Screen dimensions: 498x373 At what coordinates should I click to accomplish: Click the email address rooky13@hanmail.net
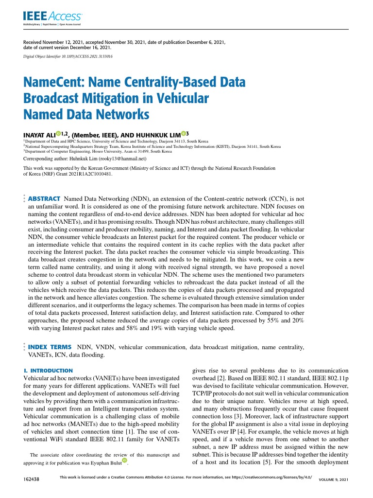click(x=125, y=159)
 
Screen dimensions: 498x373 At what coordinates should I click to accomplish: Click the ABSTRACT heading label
click(x=44, y=199)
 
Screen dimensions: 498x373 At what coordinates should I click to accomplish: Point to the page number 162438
click(x=32, y=480)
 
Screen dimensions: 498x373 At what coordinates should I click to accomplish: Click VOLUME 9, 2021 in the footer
click(x=333, y=480)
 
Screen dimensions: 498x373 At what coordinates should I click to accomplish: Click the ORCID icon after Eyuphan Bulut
click(x=124, y=460)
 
